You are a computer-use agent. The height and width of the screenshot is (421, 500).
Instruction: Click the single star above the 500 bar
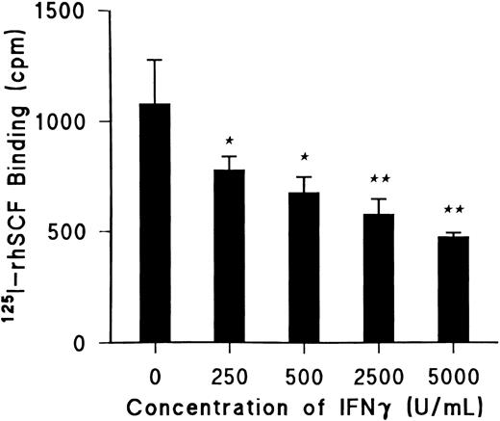coord(304,155)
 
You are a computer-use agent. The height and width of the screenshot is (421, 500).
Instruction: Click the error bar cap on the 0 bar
coord(155,60)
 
